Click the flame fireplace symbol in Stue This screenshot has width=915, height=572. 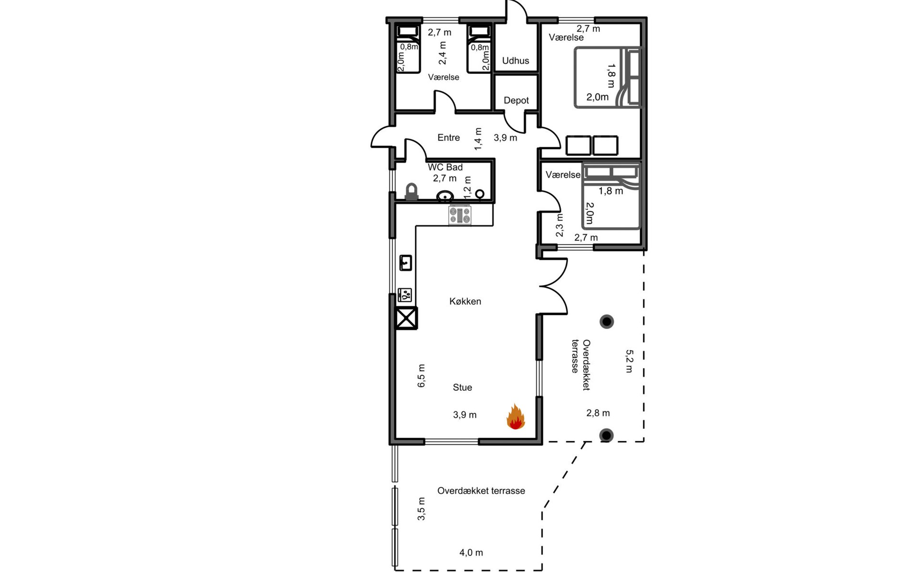pos(515,417)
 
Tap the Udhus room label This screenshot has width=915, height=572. pos(516,61)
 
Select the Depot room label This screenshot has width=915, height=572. pos(516,101)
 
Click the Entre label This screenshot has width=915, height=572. pos(448,138)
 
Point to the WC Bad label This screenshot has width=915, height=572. pos(445,167)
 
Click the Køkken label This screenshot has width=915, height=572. pos(465,301)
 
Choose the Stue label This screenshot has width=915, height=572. pos(462,388)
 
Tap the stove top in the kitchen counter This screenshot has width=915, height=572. pos(460,215)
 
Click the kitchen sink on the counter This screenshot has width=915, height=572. pos(406,263)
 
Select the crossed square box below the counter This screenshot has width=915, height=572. pos(406,318)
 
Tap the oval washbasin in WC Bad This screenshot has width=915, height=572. pos(445,196)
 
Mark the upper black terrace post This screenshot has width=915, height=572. pos(607,322)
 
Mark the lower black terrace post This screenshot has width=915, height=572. pos(606,435)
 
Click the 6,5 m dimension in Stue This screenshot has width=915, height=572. pos(421,376)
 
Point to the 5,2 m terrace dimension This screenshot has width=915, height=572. pos(629,361)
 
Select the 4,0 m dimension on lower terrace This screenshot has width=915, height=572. pos(471,552)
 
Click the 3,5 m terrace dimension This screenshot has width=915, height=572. pos(421,509)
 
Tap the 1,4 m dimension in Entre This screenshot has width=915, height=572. pos(478,139)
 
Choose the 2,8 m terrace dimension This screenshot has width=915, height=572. pos(598,413)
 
